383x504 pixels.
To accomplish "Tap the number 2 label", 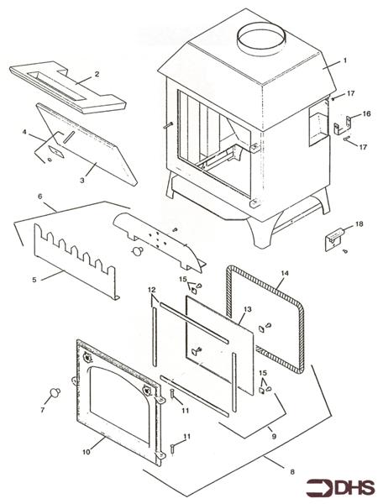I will coord(97,75).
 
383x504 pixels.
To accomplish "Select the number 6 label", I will coord(39,196).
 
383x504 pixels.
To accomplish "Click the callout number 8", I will coord(291,473).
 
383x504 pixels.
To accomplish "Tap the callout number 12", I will coord(152,289).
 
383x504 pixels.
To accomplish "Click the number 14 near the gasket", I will coord(284,274).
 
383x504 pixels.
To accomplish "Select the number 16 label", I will coord(365,115).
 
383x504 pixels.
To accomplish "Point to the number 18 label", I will coord(359,225).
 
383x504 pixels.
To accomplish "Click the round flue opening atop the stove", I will coord(260,39).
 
